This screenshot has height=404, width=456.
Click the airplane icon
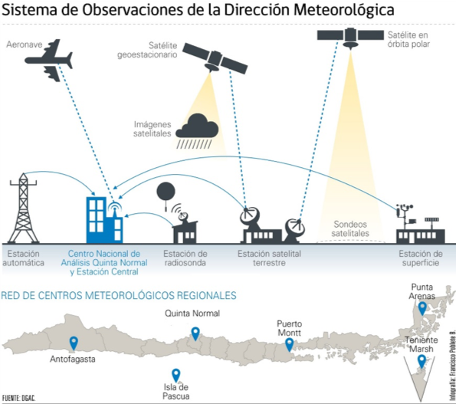click(x=50, y=61)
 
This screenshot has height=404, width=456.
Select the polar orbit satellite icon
click(x=350, y=37)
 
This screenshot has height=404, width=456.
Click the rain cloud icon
click(x=197, y=131)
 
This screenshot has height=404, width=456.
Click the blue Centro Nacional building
click(x=104, y=220)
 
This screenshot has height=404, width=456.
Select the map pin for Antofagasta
click(x=74, y=343)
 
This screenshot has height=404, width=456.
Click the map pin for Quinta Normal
click(x=195, y=333)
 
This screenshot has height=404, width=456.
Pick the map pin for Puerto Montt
click(x=289, y=345)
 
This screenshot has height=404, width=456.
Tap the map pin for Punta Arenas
click(x=422, y=308)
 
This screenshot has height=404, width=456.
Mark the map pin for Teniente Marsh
click(x=422, y=362)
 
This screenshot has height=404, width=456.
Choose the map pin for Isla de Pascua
click(x=176, y=375)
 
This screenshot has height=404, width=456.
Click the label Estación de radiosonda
click(x=185, y=258)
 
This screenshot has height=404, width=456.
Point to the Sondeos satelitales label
click(x=350, y=228)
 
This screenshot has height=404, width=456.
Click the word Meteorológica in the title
click(x=344, y=10)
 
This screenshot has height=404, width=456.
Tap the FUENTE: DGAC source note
click(x=18, y=398)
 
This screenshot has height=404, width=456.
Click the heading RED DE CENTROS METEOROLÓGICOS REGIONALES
click(x=119, y=295)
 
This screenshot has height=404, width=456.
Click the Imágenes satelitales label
click(x=153, y=129)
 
